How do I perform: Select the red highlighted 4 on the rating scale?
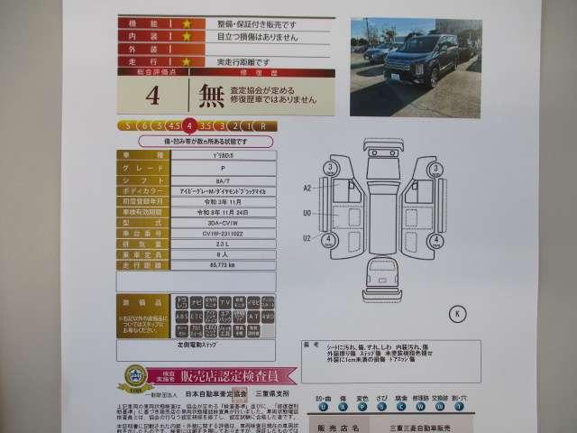[x=187, y=125]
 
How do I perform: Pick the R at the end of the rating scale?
[x=261, y=125]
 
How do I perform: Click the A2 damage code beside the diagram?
[x=307, y=188]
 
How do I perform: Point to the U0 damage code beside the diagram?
[x=307, y=213]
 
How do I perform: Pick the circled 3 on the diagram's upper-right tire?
[x=436, y=168]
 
